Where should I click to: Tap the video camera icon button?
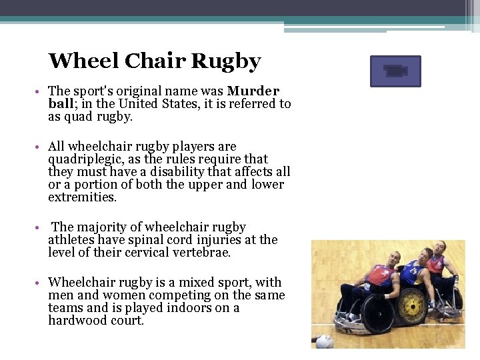coord(395,71)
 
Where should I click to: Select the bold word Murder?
coord(253,91)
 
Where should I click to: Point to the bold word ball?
coord(61,103)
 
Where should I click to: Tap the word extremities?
coord(81,197)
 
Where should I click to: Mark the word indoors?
coord(184,308)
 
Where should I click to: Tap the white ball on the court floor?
coord(324,341)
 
